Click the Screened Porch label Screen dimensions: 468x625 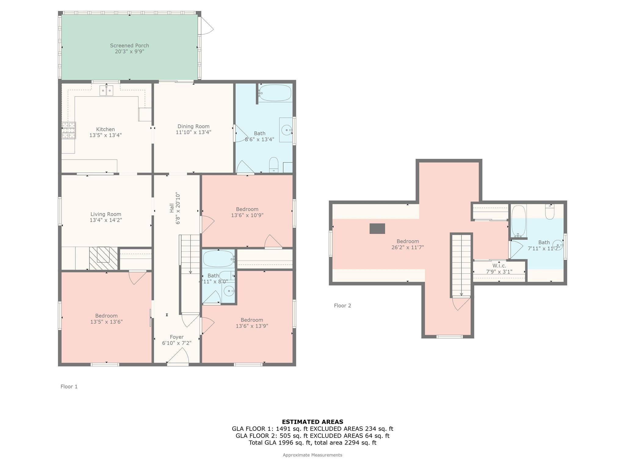coord(129,46)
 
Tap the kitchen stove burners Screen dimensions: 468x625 coord(69,130)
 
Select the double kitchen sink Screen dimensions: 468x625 coord(106,90)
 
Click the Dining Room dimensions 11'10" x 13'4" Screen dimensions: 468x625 coord(193,132)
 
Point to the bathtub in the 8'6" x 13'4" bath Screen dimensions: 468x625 coord(275,93)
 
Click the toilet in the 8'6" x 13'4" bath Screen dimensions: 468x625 coord(274,165)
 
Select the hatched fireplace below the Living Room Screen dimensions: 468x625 coord(103,258)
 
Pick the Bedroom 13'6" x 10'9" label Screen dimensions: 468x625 coord(247,212)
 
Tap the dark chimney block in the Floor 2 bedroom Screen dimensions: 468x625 coord(377,229)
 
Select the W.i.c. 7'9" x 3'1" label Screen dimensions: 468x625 coord(499,269)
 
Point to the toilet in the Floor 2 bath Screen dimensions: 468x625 coord(550,212)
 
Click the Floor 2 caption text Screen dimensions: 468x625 coord(342,306)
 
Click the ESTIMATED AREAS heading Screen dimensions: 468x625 coord(312,422)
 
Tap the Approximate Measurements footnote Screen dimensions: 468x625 coord(312,455)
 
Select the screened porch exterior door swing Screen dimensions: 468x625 coord(206,26)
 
